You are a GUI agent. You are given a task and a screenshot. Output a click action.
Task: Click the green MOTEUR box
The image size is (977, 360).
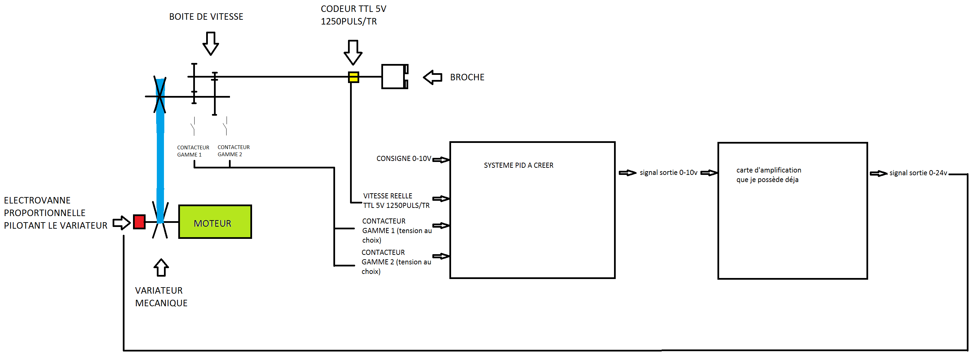(x=215, y=222)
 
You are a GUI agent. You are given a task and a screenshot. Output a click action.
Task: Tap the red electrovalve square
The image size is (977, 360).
(x=139, y=222)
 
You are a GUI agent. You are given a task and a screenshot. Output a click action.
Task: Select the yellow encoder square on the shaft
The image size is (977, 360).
(x=353, y=77)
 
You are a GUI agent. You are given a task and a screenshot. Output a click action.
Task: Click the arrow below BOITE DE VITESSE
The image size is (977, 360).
(x=211, y=44)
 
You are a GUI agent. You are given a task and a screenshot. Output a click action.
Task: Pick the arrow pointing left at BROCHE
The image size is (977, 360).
(x=433, y=77)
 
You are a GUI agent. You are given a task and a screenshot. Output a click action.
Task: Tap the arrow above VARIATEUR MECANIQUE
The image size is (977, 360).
(x=161, y=267)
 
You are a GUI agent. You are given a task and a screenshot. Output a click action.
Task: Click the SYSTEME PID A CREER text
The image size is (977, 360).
(x=518, y=165)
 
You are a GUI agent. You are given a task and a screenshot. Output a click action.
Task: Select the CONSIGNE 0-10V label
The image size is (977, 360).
(x=403, y=159)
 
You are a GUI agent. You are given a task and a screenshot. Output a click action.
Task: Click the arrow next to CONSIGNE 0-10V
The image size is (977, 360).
(x=441, y=160)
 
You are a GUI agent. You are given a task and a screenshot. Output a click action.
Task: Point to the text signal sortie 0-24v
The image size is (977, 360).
(x=918, y=173)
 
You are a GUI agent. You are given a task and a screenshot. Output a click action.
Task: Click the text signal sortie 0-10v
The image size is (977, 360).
(x=668, y=173)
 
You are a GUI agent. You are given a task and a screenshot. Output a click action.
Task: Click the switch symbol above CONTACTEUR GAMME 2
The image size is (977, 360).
(x=226, y=126)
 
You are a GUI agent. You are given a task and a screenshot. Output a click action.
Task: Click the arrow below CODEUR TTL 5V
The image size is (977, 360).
(x=353, y=52)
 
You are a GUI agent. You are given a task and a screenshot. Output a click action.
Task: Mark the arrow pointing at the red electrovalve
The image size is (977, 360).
(x=121, y=223)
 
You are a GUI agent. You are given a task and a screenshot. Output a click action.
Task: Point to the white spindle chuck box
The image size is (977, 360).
(x=395, y=77)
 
